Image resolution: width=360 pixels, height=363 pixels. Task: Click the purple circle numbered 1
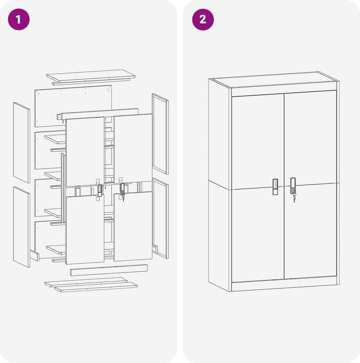coord(19,20)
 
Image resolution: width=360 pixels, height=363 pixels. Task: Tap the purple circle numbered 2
coord(203,20)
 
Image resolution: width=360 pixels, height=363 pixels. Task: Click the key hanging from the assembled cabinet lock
coord(294,198)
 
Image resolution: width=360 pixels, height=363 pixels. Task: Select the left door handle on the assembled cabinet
coord(275,187)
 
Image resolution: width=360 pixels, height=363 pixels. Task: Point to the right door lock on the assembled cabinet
coord(293,186)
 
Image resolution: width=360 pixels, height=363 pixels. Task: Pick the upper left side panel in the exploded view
coord(22,143)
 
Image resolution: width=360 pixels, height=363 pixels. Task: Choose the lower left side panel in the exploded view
coord(22,227)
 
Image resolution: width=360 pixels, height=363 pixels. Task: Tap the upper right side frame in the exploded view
coord(160,134)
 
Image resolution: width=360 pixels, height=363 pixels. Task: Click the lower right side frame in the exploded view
coord(161,218)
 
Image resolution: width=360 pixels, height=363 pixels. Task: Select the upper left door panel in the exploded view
coord(85,152)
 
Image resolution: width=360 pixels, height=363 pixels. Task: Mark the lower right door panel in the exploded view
coord(133,226)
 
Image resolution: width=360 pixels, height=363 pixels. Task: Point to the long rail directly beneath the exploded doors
coord(109,270)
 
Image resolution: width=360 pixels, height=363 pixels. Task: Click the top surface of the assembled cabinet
coord(274,80)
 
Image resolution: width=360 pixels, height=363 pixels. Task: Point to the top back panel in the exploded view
coord(74,106)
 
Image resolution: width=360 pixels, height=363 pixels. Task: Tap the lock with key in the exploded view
coord(122,190)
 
